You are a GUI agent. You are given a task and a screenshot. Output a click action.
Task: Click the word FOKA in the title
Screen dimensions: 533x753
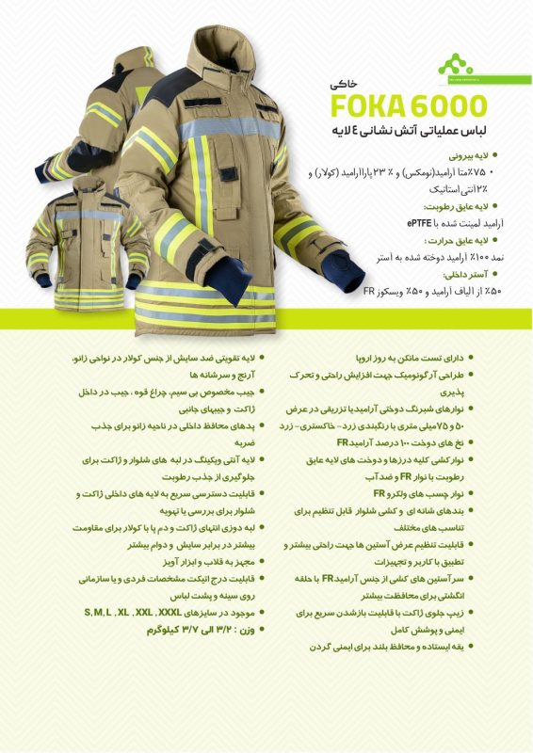pyautogui.click(x=363, y=103)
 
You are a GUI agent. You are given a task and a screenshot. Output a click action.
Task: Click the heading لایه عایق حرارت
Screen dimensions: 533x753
pyautogui.click(x=452, y=239)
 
